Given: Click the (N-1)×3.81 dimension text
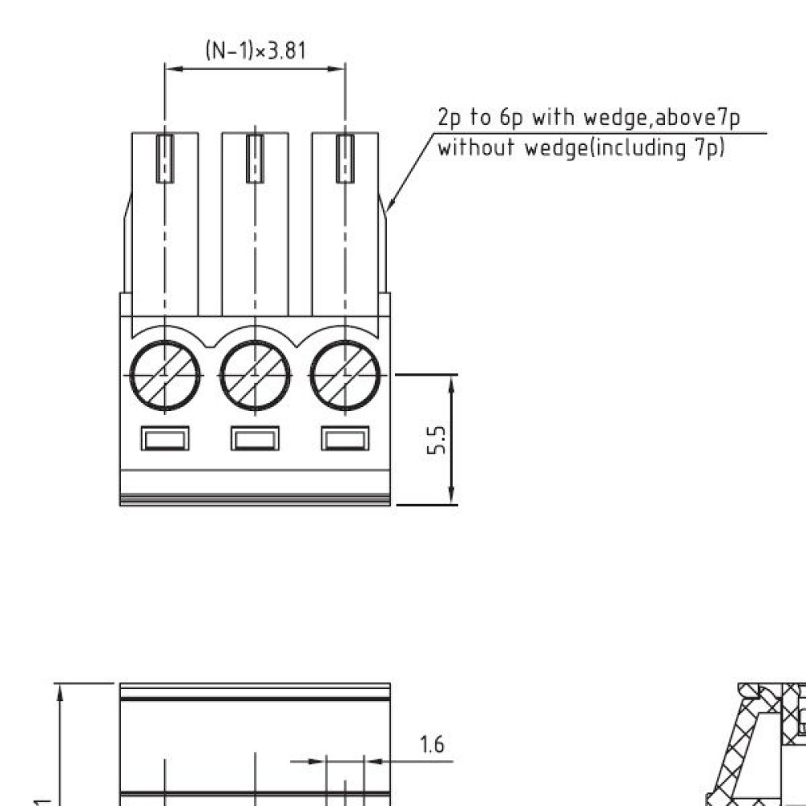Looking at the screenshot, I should tap(256, 51).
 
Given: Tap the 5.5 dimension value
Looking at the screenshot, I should tap(437, 440).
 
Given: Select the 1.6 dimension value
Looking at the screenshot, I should tap(433, 745).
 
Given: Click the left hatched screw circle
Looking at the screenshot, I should tap(165, 376).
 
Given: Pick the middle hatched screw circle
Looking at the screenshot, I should tap(256, 376).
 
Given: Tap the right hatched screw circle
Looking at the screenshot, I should tap(345, 376).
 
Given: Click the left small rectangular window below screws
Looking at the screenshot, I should tap(165, 438).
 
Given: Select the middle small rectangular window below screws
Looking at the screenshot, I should tap(256, 438).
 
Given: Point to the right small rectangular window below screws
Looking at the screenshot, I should tap(345, 438).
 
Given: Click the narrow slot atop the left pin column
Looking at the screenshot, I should tap(165, 159).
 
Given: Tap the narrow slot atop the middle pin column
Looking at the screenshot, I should tap(256, 159).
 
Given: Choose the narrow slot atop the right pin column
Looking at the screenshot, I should tap(345, 159).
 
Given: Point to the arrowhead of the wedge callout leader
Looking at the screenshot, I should tap(389, 206).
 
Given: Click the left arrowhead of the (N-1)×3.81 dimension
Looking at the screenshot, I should tap(172, 69).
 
